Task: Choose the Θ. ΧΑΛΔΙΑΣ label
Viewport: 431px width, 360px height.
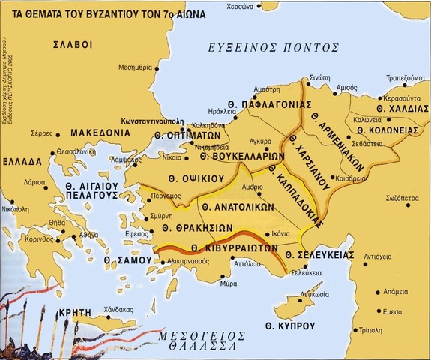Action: [x=397, y=109]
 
